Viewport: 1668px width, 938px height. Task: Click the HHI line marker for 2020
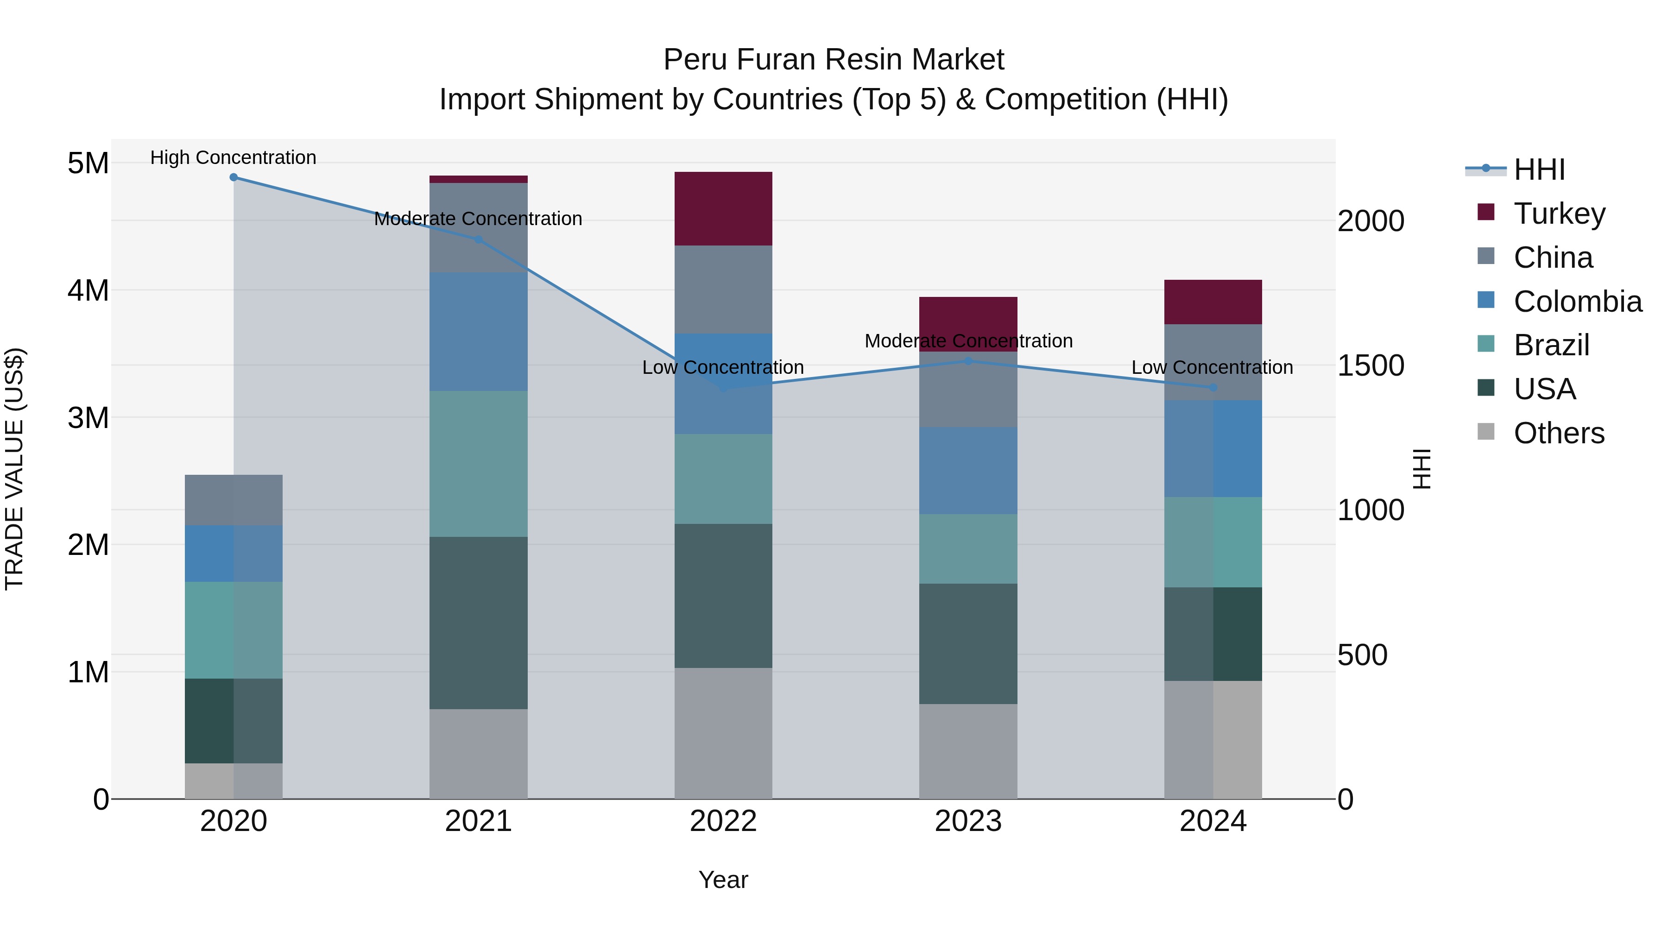click(x=234, y=177)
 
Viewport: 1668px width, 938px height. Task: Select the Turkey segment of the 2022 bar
click(x=723, y=208)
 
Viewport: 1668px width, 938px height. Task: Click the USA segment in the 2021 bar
click(x=479, y=623)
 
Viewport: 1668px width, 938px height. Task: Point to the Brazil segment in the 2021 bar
click(x=479, y=464)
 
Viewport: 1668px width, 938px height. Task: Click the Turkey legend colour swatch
click(x=1486, y=212)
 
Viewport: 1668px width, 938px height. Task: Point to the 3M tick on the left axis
click(x=88, y=417)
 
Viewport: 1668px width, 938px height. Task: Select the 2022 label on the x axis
click(x=723, y=821)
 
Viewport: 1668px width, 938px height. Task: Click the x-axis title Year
click(x=723, y=880)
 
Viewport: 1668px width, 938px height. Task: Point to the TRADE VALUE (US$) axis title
click(x=14, y=469)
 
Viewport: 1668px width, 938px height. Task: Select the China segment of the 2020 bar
click(x=234, y=500)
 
